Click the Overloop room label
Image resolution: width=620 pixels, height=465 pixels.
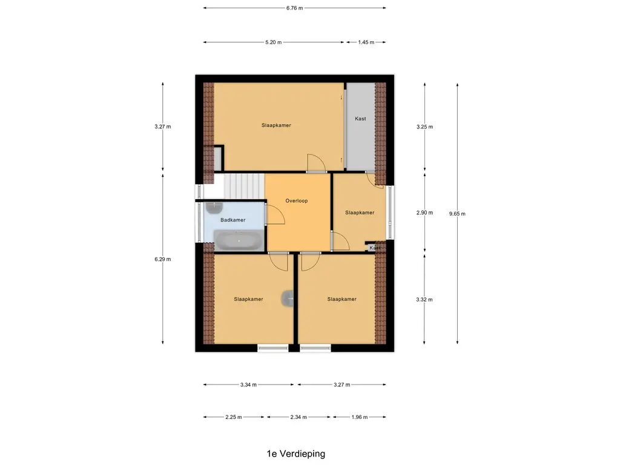297,201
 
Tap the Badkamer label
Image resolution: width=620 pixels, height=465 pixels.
233,220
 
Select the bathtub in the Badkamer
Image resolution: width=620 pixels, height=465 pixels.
239,240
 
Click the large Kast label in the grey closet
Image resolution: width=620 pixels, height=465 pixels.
360,119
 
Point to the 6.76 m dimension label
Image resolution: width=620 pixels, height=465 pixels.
295,8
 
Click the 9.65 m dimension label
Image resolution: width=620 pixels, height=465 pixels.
457,214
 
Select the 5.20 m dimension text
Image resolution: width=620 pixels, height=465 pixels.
274,42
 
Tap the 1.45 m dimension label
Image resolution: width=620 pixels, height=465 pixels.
366,42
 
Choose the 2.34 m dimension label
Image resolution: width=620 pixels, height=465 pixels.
298,417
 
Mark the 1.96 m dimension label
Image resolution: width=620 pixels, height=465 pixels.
360,417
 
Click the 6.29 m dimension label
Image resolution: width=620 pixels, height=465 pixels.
162,259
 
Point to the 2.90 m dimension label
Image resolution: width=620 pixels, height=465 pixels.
424,213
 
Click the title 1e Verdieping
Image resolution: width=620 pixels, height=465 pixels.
295,454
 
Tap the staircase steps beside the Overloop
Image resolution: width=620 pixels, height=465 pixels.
244,186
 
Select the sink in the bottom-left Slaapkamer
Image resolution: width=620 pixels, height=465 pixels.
288,298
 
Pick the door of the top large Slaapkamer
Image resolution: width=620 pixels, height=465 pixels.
316,163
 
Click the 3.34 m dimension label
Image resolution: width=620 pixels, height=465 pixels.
248,384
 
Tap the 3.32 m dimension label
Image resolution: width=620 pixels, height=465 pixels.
424,300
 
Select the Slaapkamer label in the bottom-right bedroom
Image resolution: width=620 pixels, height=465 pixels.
341,299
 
